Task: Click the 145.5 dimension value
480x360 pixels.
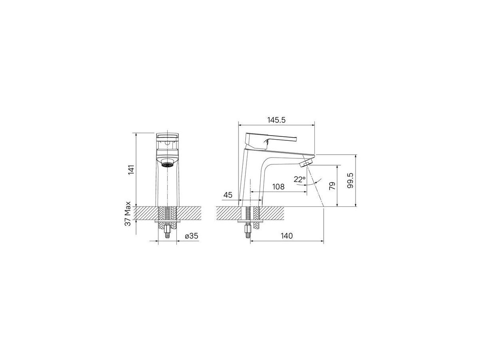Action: pyautogui.click(x=276, y=120)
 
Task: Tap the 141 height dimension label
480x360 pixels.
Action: pyautogui.click(x=131, y=170)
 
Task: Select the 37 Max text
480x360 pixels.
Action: pyautogui.click(x=128, y=214)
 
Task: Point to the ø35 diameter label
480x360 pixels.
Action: pyautogui.click(x=192, y=236)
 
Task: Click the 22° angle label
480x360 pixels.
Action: pyautogui.click(x=300, y=180)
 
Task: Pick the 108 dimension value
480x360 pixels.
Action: pyautogui.click(x=278, y=187)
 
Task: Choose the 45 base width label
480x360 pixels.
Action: pyautogui.click(x=228, y=195)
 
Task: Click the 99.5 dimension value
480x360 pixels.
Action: pyautogui.click(x=350, y=180)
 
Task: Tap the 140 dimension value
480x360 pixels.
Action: pyautogui.click(x=286, y=236)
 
